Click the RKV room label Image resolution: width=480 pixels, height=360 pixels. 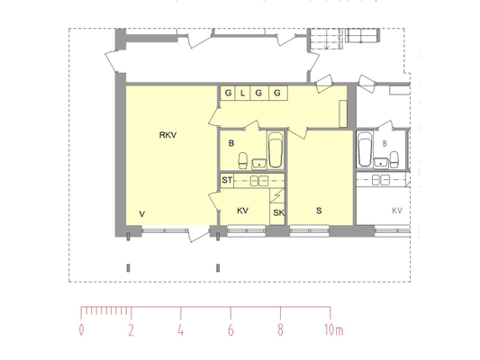(168, 135)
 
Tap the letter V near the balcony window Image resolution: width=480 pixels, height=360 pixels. (141, 214)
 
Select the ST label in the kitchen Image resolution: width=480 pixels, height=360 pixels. (227, 180)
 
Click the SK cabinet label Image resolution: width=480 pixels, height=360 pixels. (278, 213)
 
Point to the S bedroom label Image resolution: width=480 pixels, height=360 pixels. (319, 211)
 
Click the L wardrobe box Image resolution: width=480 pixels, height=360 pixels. (242, 93)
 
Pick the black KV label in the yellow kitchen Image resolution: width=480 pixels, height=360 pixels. (242, 211)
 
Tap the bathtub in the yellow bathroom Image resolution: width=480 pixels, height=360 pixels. (276, 150)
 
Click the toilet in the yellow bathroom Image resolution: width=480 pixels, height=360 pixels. (243, 160)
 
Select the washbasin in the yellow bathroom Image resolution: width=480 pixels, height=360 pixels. (259, 164)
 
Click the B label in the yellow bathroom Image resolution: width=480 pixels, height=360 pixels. (231, 143)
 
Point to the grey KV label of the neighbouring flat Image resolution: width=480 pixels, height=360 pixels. (397, 211)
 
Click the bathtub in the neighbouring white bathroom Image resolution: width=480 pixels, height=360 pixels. (365, 149)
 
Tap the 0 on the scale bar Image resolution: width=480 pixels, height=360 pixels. (81, 330)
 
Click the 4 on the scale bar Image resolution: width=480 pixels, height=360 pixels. (181, 330)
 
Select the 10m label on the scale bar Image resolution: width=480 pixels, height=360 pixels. (334, 330)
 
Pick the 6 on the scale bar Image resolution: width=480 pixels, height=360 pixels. (231, 330)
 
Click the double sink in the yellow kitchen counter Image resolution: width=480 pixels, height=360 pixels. (259, 181)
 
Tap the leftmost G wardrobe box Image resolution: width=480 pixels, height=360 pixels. (228, 93)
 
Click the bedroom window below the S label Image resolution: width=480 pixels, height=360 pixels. (309, 230)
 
